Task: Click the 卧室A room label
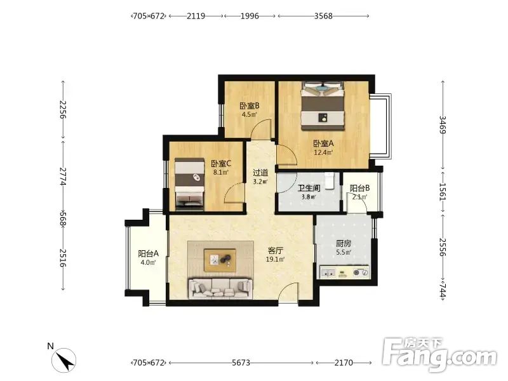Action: (323, 144)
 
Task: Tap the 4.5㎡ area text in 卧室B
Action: (249, 114)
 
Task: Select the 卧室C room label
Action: (221, 164)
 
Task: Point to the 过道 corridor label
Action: (260, 172)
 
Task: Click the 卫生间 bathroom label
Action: (309, 188)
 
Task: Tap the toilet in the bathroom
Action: (330, 181)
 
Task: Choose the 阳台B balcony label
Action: (359, 188)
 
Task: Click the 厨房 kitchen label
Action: (344, 243)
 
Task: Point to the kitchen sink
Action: (328, 272)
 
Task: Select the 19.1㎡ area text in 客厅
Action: (275, 259)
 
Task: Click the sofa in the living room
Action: (220, 288)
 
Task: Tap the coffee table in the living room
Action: (220, 260)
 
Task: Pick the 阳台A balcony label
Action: (148, 253)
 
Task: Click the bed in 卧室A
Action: (323, 106)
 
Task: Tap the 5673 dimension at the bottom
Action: (241, 363)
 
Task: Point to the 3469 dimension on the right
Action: (443, 124)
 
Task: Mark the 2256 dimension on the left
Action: (63, 110)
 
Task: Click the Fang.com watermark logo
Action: (439, 355)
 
